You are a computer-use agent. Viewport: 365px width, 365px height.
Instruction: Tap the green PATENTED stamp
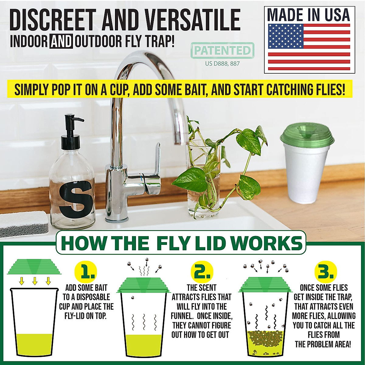(222, 50)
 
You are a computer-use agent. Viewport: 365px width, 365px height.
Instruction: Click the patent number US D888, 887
(222, 64)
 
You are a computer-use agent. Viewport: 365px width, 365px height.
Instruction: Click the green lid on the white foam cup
(307, 135)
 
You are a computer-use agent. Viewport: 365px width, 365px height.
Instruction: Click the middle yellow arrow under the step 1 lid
(35, 281)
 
